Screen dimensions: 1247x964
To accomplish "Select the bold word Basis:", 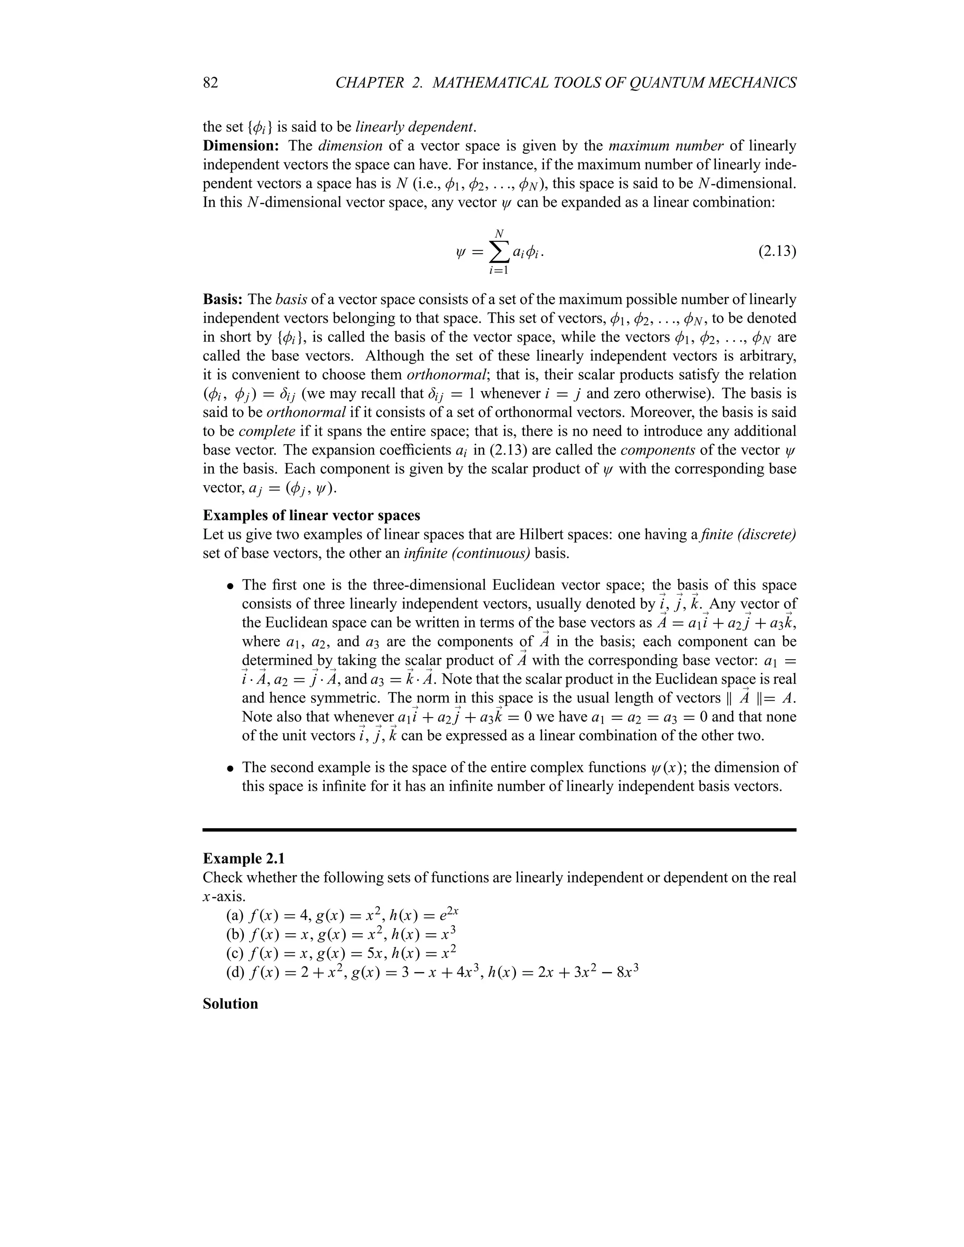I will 223,300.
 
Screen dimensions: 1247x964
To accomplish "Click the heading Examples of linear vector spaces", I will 311,516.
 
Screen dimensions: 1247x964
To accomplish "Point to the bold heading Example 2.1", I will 244,859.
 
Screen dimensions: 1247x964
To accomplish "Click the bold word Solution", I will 230,1004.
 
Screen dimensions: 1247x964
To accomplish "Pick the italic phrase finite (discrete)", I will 747,535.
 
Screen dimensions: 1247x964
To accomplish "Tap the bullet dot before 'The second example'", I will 230,768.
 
